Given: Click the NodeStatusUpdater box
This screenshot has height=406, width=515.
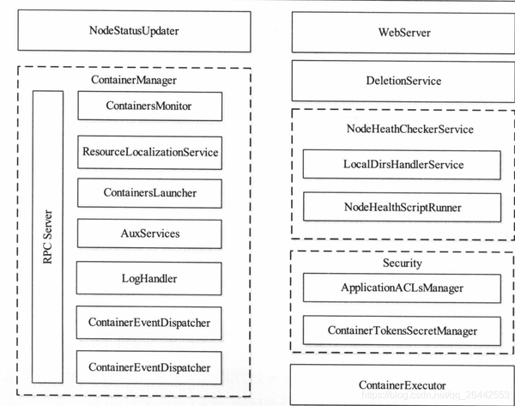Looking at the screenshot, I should (x=134, y=32).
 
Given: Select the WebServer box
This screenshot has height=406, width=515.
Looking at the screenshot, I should (x=403, y=33).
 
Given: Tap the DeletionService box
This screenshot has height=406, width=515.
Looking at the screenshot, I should (x=403, y=81).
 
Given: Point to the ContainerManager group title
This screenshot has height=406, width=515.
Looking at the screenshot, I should (x=133, y=80).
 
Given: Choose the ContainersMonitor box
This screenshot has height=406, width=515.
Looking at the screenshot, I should (x=149, y=106).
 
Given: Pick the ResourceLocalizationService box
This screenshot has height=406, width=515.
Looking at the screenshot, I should (x=149, y=152).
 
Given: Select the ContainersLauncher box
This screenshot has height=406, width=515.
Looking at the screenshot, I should (x=149, y=192).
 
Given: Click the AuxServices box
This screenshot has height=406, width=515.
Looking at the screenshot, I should (x=149, y=233).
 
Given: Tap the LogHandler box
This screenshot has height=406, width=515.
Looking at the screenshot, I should (x=149, y=278).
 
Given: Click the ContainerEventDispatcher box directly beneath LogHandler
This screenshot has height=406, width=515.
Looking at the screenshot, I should (x=149, y=322).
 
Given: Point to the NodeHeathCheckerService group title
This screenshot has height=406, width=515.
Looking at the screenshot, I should (x=403, y=129).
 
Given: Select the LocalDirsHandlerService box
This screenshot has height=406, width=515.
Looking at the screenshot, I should (x=403, y=164).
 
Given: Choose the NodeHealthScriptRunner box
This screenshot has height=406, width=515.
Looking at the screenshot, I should (x=403, y=207).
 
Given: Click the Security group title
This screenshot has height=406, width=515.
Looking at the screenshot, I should (x=403, y=263).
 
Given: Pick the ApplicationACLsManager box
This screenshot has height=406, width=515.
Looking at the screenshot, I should (x=403, y=287).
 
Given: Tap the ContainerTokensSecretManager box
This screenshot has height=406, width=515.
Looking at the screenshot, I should (x=403, y=330).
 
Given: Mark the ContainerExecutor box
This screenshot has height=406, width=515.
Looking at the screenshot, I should (x=403, y=385).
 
